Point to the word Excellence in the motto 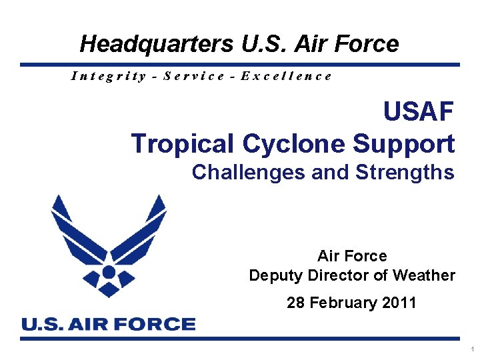(286, 75)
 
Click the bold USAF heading (419, 112)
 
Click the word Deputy (275, 275)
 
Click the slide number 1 (472, 349)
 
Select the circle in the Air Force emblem (109, 272)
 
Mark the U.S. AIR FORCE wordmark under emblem (109, 325)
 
